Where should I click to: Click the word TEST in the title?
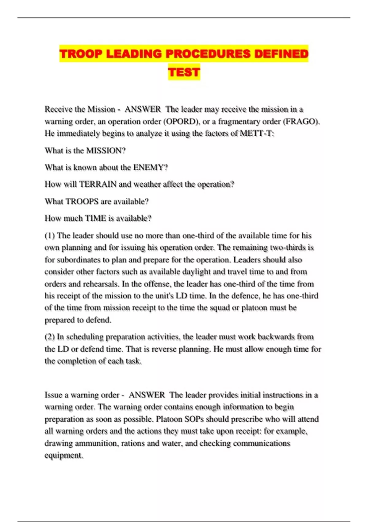[x=184, y=72]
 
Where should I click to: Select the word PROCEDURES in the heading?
[x=208, y=54]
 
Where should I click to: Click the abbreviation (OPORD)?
[x=181, y=122]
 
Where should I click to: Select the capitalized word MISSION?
[x=106, y=151]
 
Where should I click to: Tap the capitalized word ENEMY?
[x=151, y=168]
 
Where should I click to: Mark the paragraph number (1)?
[x=50, y=236]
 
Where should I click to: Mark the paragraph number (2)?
[x=50, y=337]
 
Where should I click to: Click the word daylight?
[x=196, y=272]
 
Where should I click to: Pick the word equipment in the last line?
[x=63, y=455]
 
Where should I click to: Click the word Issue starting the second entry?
[x=53, y=395]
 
